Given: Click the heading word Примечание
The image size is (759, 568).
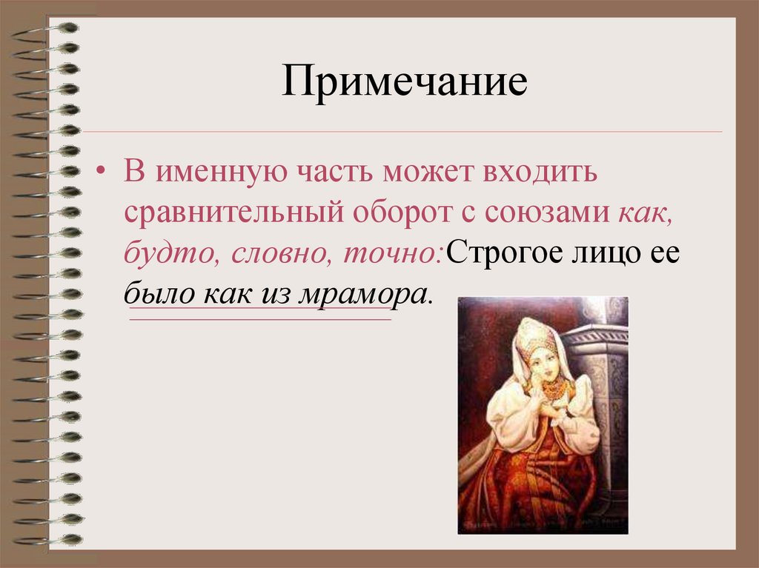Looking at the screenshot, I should (x=404, y=84).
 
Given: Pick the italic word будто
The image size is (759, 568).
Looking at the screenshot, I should (x=167, y=255).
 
